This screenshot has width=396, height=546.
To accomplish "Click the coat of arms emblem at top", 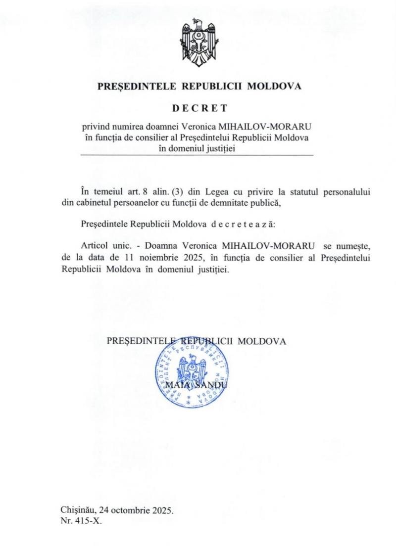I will point(199,42).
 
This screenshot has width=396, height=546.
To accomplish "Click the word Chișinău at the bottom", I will point(78,510).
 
